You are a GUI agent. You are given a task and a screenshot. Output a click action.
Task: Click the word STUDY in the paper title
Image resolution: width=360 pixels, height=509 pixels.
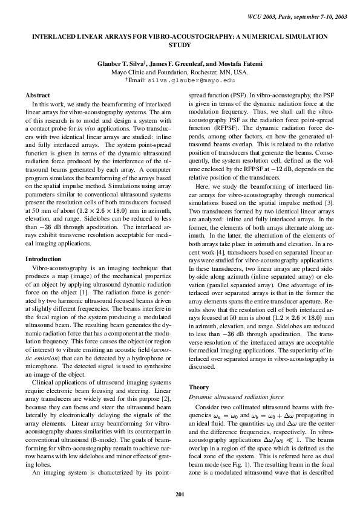(180, 45)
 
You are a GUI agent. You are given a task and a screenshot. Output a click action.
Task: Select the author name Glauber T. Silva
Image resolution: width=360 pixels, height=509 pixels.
(122, 63)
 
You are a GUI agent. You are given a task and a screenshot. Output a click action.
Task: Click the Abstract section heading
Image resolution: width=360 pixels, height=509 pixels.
(38, 96)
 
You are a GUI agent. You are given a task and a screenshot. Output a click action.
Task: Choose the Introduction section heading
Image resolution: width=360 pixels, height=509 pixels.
(43, 259)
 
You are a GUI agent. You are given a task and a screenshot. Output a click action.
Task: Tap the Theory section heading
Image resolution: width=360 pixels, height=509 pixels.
(199, 387)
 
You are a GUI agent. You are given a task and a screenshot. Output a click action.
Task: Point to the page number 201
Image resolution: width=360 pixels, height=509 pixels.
(180, 496)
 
